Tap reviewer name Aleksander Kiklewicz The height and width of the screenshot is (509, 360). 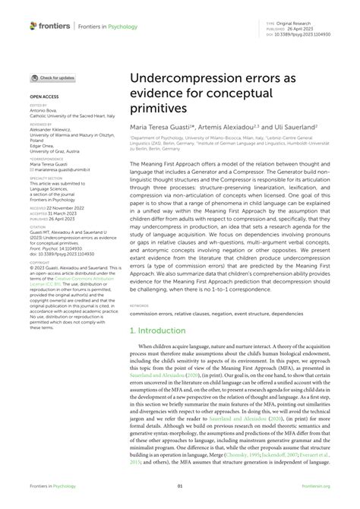click(52, 130)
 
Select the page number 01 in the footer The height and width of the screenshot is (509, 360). click(180, 486)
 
